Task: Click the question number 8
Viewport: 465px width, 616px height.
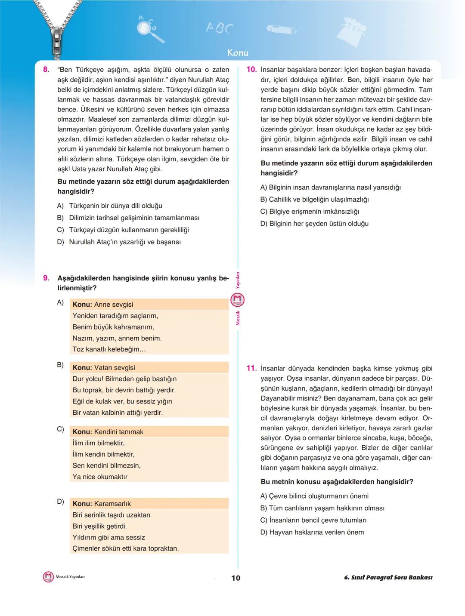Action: pyautogui.click(x=46, y=70)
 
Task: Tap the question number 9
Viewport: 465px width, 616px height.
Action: pyautogui.click(x=46, y=278)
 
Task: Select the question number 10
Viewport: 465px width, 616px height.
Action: pyautogui.click(x=251, y=70)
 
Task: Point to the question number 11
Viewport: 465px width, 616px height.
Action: pyautogui.click(x=251, y=369)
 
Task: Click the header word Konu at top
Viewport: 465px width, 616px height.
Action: pyautogui.click(x=238, y=53)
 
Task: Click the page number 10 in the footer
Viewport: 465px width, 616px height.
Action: pyautogui.click(x=236, y=578)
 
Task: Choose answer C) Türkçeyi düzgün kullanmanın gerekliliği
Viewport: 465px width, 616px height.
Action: pyautogui.click(x=123, y=230)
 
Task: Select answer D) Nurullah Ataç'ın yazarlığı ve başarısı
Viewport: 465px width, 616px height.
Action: pyautogui.click(x=119, y=242)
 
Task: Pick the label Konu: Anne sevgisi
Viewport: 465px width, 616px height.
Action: pyautogui.click(x=103, y=304)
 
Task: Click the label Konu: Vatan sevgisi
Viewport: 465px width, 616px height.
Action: pyautogui.click(x=104, y=367)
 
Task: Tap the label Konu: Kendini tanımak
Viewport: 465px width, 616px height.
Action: pyautogui.click(x=108, y=431)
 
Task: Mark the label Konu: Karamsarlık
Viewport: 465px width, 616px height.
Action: pyautogui.click(x=102, y=503)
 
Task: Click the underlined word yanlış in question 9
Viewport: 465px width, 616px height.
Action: pyautogui.click(x=207, y=279)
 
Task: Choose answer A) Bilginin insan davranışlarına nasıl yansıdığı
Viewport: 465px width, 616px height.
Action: pyautogui.click(x=331, y=188)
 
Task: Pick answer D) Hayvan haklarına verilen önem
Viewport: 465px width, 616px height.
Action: pyautogui.click(x=312, y=532)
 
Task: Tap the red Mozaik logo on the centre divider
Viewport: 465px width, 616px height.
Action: pyautogui.click(x=238, y=300)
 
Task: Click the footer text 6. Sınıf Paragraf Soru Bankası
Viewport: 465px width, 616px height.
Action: pyautogui.click(x=388, y=577)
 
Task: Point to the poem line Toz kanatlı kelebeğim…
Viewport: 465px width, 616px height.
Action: pyautogui.click(x=109, y=349)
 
